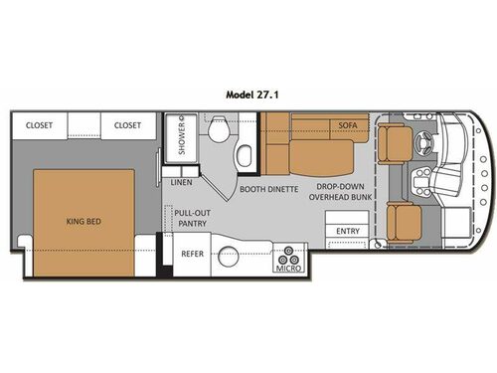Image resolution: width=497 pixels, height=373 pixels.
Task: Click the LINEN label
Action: [181, 183]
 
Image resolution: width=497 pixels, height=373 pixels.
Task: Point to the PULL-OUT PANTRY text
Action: [190, 217]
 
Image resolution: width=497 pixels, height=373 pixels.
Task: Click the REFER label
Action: [191, 254]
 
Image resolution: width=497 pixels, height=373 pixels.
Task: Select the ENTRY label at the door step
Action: [348, 232]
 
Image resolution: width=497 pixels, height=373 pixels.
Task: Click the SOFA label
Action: [346, 126]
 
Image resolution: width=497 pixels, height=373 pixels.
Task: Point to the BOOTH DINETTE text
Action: [267, 187]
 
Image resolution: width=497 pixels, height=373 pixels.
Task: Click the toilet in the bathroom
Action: [223, 132]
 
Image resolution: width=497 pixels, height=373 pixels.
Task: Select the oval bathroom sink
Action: [244, 153]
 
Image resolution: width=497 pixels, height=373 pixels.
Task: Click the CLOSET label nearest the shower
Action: [126, 126]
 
